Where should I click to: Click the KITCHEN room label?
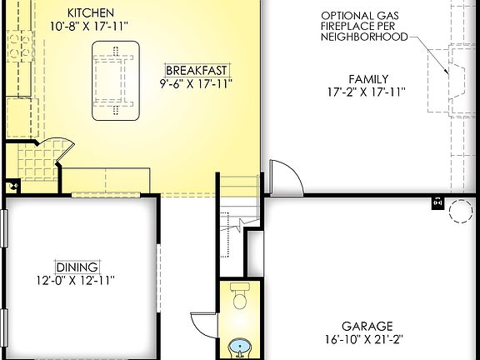pyautogui.click(x=90, y=12)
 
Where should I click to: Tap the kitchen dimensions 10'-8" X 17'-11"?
pyautogui.click(x=90, y=26)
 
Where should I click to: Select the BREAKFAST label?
pyautogui.click(x=197, y=70)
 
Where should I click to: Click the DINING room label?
pyautogui.click(x=77, y=267)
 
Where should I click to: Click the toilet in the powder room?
pyautogui.click(x=240, y=297)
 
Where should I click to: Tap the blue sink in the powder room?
pyautogui.click(x=240, y=347)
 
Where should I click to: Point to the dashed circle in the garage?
pyautogui.click(x=461, y=212)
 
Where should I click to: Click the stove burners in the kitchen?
pyautogui.click(x=17, y=47)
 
